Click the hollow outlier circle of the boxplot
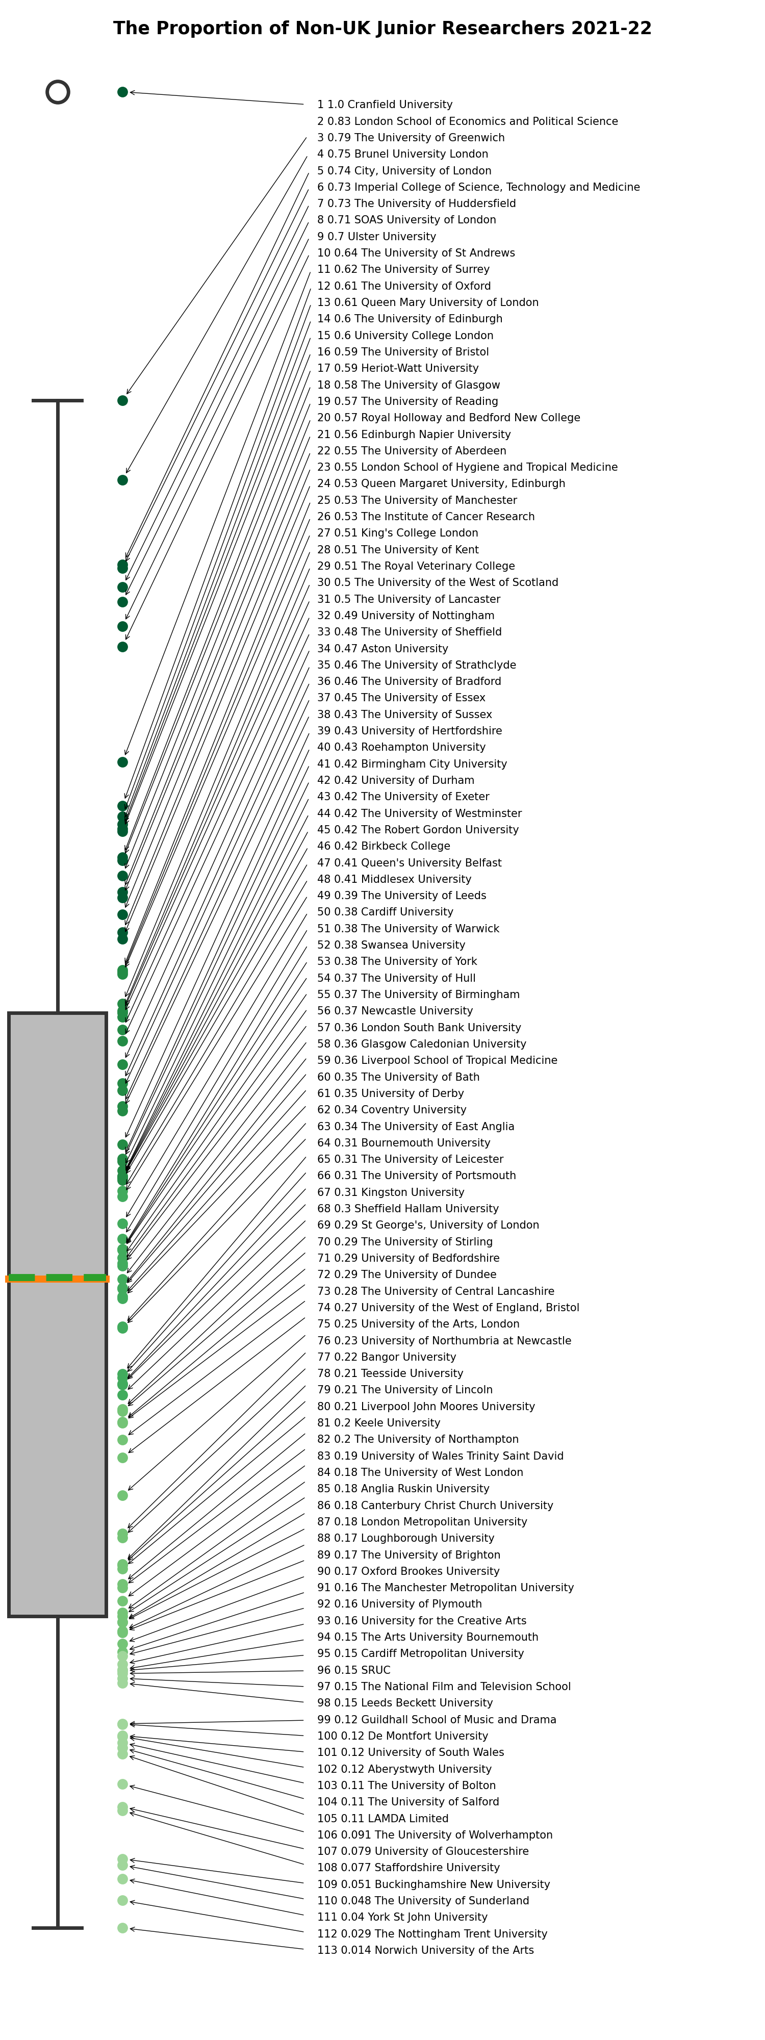(58, 92)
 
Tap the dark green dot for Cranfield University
(123, 92)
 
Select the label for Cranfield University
(385, 105)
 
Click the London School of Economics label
(467, 121)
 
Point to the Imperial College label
(478, 187)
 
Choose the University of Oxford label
(404, 286)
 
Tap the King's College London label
(398, 533)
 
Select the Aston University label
(382, 649)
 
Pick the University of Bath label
(398, 1077)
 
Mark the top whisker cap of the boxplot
(58, 401)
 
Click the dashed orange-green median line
(58, 1278)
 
